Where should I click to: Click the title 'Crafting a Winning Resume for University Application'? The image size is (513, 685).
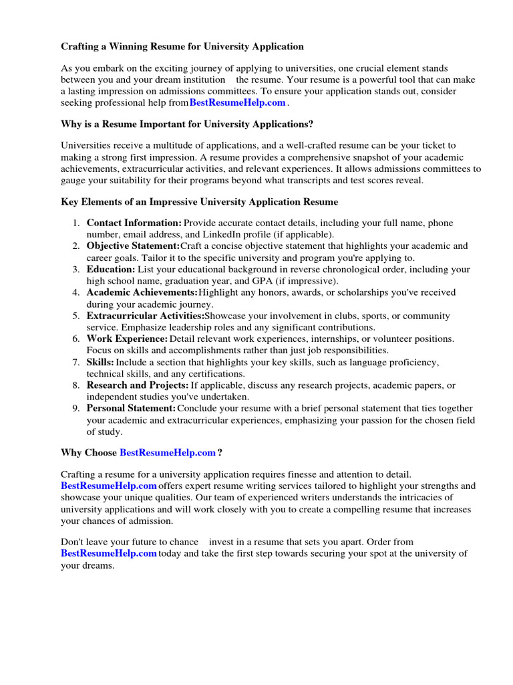182,46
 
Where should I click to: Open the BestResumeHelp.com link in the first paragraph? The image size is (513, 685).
237,102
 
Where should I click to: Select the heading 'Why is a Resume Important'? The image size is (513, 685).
187,124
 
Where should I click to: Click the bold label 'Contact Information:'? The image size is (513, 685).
134,223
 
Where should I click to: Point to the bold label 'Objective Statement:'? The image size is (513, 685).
133,246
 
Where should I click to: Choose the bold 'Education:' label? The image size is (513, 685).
110,270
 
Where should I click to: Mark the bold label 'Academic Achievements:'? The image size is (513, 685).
142,292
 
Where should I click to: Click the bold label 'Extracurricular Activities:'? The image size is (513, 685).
145,316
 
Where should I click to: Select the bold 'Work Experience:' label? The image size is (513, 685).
127,339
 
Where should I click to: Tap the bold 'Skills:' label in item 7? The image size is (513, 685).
100,362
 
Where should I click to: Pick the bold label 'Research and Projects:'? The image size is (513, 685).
138,385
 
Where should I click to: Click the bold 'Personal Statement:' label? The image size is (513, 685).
131,408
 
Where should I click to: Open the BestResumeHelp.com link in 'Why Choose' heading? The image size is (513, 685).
168,453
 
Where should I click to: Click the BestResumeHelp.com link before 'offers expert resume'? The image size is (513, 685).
109,486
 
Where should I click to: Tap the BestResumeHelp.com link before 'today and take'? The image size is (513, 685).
109,553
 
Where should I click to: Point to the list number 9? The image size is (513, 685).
77,408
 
